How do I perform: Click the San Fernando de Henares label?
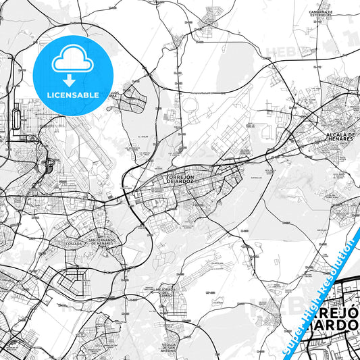(x=101, y=241)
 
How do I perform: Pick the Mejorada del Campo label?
(x=165, y=294)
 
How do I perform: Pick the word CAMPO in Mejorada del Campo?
(x=166, y=299)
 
